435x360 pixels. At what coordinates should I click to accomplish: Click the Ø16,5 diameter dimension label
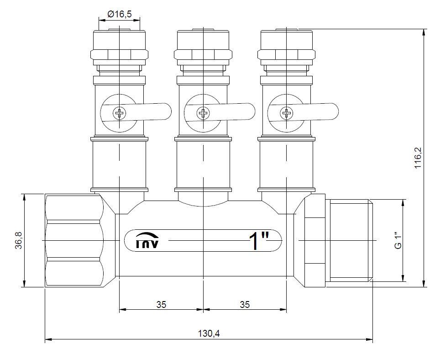tap(119, 14)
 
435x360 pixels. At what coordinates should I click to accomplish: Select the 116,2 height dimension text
tap(418, 157)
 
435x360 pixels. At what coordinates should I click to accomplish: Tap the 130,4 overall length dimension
tap(209, 334)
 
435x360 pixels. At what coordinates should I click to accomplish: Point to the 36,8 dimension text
tap(19, 240)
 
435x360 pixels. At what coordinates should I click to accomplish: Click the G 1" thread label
tap(398, 240)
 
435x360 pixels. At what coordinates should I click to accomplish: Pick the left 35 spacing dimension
tap(161, 304)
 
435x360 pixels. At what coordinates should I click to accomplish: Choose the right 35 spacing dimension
tap(245, 304)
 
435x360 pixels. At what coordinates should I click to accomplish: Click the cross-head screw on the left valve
tap(120, 113)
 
